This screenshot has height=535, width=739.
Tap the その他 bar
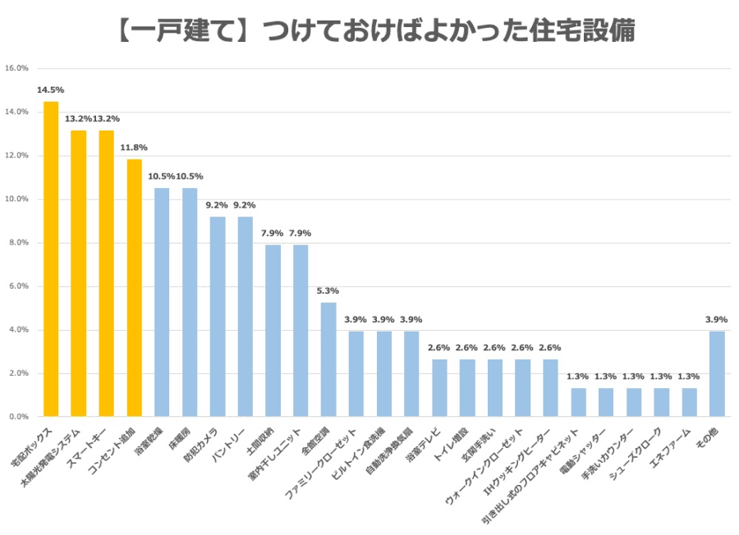tap(717, 374)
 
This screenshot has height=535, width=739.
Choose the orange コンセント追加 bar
tap(134, 288)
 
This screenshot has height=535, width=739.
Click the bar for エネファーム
tap(689, 402)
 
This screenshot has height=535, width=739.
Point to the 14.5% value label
tap(51, 90)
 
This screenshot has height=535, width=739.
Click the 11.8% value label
tap(134, 148)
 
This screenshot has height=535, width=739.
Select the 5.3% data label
tap(328, 291)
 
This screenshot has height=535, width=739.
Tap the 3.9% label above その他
tap(717, 319)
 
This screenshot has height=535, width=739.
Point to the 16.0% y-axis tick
tap(17, 68)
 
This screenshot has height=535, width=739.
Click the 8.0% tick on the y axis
tap(19, 243)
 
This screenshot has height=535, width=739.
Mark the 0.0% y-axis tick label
tap(19, 417)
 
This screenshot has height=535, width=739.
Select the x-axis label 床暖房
tap(180, 435)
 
